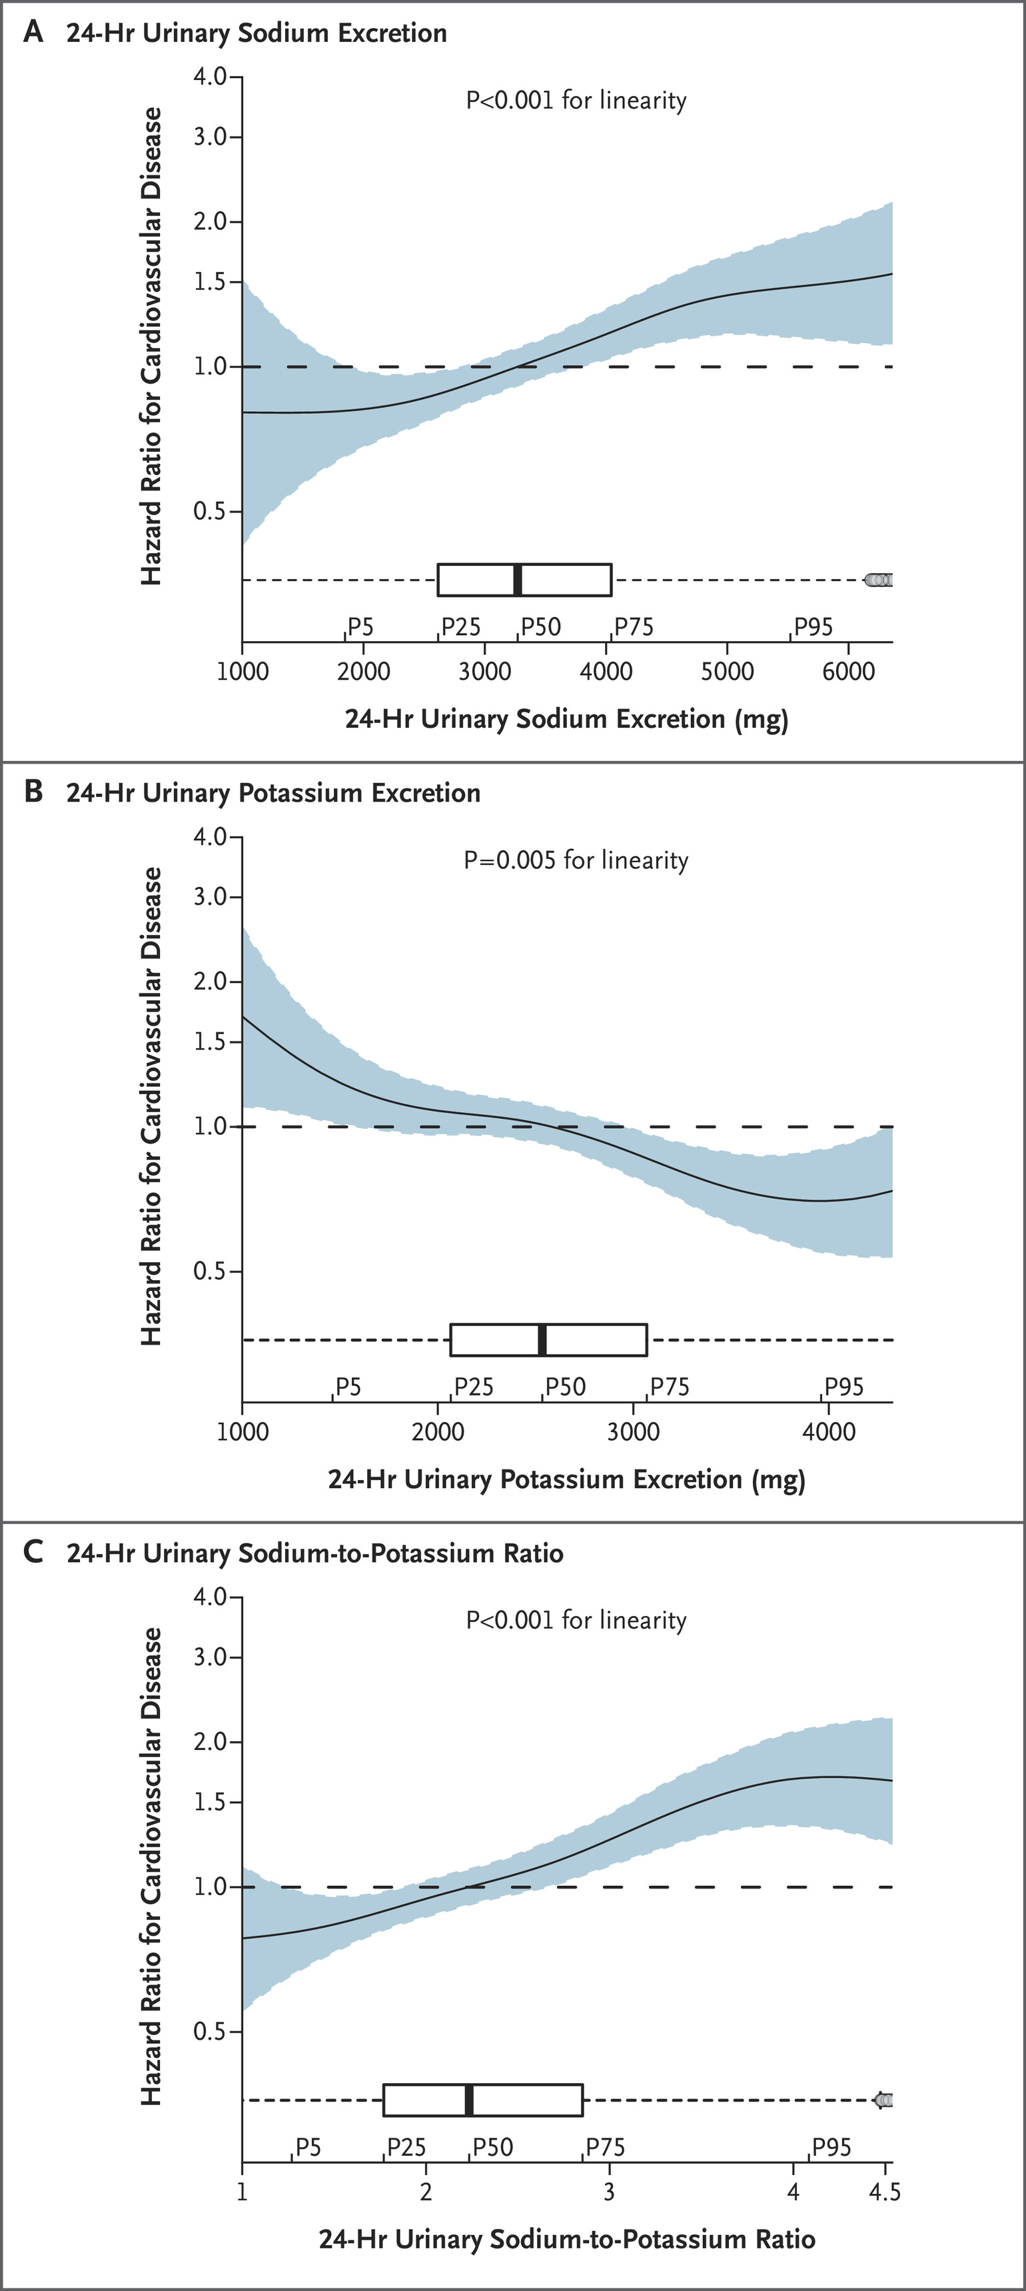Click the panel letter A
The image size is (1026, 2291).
(x=33, y=33)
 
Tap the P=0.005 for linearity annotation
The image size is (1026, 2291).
(x=576, y=860)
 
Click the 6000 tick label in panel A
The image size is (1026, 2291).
(x=849, y=672)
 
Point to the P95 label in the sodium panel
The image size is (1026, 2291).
(x=813, y=627)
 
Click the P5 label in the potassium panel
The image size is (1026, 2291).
(x=348, y=1387)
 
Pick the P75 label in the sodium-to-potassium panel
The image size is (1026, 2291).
(x=606, y=2148)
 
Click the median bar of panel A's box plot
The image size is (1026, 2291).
(x=518, y=580)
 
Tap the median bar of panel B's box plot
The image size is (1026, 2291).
(x=542, y=1339)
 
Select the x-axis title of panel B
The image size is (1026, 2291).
(x=566, y=1479)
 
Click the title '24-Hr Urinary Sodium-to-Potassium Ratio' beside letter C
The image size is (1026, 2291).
(x=314, y=1553)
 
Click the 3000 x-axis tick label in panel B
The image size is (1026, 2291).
(x=633, y=1432)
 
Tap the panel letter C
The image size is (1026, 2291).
(x=33, y=1552)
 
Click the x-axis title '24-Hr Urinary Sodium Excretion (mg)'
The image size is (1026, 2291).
(x=566, y=718)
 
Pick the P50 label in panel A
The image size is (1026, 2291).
(x=540, y=627)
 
